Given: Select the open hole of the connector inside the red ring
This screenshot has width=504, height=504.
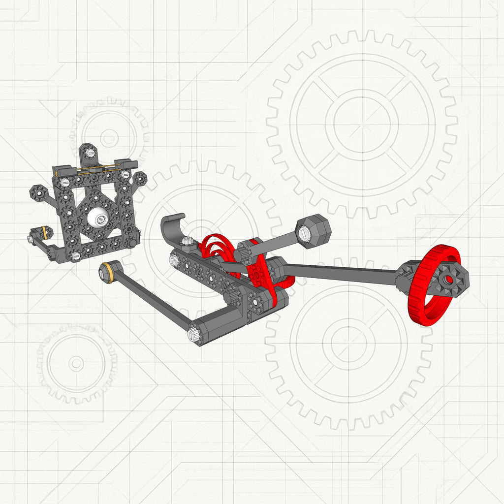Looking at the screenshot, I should [x=449, y=279].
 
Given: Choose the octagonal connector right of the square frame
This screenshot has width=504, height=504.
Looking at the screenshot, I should [x=139, y=178].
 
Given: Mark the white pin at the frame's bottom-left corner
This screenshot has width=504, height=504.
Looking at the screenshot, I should [x=75, y=255].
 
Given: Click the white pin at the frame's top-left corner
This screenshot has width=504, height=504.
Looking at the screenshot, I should [x=64, y=183].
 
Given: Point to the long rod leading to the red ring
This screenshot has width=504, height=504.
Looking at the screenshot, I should [x=340, y=274].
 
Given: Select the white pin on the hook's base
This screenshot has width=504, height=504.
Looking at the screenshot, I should [x=187, y=241].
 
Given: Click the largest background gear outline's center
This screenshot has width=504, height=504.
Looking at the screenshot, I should [x=362, y=122].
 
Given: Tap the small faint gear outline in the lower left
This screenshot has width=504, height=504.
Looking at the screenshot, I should [x=76, y=363].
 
